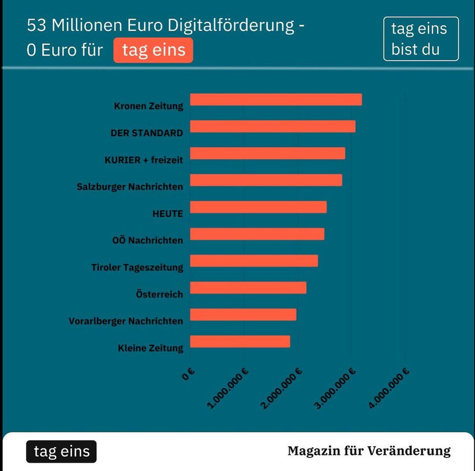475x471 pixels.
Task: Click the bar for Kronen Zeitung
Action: tap(276, 100)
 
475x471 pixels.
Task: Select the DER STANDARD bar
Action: tap(272, 126)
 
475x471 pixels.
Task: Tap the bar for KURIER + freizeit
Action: tap(267, 154)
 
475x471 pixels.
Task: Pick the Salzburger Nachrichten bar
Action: tap(266, 180)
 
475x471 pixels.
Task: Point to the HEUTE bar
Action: tap(258, 207)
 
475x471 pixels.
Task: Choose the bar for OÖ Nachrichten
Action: tap(257, 234)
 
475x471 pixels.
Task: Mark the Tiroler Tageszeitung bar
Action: tap(254, 261)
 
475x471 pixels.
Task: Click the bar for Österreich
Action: tap(248, 287)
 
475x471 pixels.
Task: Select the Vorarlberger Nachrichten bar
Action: tap(243, 315)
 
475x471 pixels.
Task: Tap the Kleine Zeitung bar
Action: tap(240, 341)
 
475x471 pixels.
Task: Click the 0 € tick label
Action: tap(187, 375)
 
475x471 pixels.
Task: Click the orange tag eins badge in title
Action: tap(154, 50)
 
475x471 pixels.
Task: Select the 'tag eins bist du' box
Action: tap(421, 39)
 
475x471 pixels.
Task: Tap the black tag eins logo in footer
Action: tap(61, 452)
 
